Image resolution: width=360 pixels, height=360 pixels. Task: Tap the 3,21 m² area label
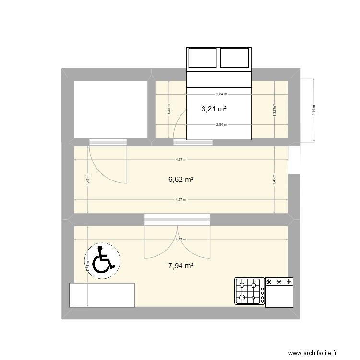[x=214, y=109]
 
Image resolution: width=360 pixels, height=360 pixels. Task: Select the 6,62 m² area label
[x=181, y=180]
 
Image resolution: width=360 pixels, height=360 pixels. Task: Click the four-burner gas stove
[x=249, y=291]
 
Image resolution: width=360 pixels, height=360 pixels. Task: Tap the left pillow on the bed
[x=203, y=58]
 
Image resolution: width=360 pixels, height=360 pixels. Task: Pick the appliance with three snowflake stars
[x=279, y=293]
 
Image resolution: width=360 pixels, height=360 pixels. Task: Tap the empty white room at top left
[x=110, y=109]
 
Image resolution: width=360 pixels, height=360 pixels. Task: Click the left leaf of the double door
[x=161, y=242]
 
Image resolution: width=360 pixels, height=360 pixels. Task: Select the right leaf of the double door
[x=194, y=242]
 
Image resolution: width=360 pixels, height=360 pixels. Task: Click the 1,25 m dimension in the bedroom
[x=168, y=109]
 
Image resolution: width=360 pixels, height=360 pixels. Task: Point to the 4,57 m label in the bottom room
[x=181, y=239]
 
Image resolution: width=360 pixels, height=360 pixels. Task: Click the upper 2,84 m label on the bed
[x=221, y=95]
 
